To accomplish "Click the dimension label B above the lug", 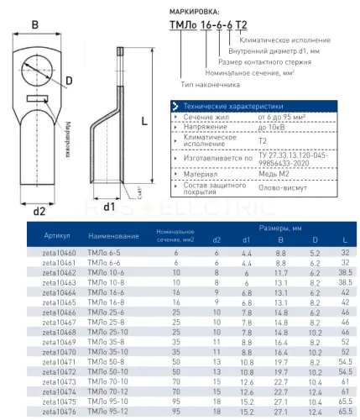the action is [35, 24].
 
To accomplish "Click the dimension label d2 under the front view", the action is [39, 211].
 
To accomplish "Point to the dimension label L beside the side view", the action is [144, 121].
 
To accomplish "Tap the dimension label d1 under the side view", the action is [109, 207].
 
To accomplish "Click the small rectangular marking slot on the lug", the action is [38, 98].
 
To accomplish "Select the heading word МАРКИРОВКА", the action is [195, 12].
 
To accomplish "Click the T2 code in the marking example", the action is [241, 25].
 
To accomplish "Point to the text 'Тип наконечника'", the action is [210, 85].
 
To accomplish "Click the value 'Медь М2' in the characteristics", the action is [274, 174].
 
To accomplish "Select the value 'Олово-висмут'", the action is [283, 187].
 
